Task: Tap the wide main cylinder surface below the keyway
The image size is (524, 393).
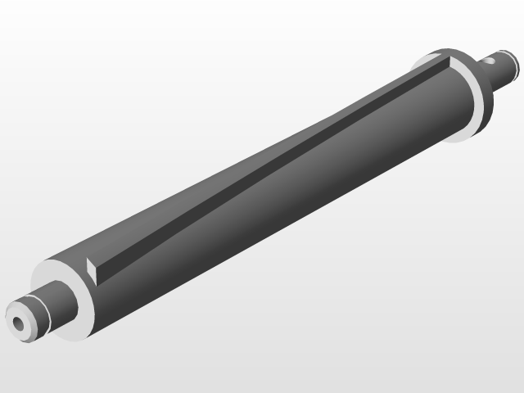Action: (270, 213)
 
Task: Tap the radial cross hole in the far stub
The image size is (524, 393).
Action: (490, 59)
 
